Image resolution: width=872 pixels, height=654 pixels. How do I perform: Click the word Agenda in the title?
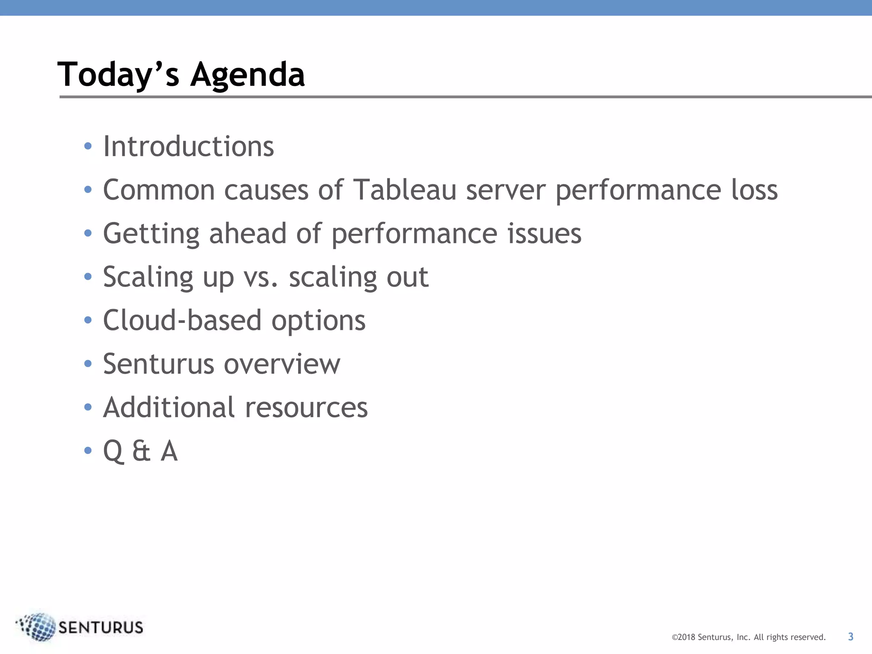(x=247, y=75)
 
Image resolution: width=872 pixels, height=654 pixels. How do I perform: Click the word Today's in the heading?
(x=118, y=75)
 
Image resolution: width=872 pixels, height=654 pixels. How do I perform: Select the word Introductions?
(x=188, y=146)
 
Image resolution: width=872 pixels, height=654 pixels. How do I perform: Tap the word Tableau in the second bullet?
(x=405, y=190)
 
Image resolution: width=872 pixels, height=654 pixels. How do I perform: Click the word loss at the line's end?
(x=754, y=190)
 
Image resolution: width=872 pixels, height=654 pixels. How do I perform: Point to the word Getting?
(x=151, y=234)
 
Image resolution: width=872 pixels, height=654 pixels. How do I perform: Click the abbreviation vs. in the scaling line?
(x=261, y=277)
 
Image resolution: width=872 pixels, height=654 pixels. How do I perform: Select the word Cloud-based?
(x=182, y=320)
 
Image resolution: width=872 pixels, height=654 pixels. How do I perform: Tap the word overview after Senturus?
(x=282, y=364)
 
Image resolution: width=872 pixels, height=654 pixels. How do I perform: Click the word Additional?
(x=169, y=407)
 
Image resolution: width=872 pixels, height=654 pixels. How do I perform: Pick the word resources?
(x=306, y=408)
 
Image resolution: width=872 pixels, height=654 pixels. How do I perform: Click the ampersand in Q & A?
(x=141, y=451)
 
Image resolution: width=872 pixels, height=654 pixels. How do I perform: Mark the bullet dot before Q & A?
(x=88, y=451)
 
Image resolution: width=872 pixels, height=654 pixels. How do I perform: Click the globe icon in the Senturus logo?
(x=37, y=626)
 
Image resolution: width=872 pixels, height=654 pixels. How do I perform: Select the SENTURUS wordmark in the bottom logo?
(x=100, y=628)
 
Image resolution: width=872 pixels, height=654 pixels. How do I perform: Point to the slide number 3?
(x=850, y=637)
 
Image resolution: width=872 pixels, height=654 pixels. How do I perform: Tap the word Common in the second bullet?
(x=159, y=190)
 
